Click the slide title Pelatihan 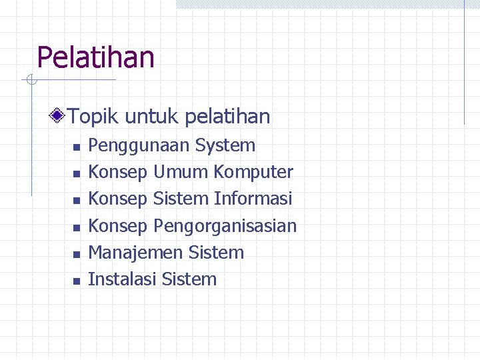pyautogui.click(x=95, y=57)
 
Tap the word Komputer pyautogui.click(x=253, y=173)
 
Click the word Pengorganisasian pyautogui.click(x=225, y=227)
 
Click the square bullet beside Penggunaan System pyautogui.click(x=76, y=147)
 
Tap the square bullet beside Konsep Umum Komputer pyautogui.click(x=76, y=173)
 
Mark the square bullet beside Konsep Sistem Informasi pyautogui.click(x=76, y=200)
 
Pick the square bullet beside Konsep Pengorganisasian pyautogui.click(x=76, y=227)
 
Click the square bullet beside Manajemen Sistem pyautogui.click(x=76, y=254)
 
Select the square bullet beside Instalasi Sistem pyautogui.click(x=76, y=281)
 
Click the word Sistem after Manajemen pyautogui.click(x=217, y=253)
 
